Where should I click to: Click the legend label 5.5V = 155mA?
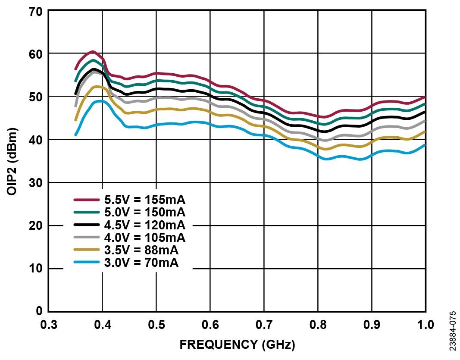pyautogui.click(x=144, y=200)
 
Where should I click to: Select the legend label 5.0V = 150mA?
pyautogui.click(x=144, y=213)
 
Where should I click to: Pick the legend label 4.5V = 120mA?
pyautogui.click(x=144, y=225)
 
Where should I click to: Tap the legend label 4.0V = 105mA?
pyautogui.click(x=144, y=238)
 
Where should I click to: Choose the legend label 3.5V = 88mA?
pyautogui.click(x=141, y=250)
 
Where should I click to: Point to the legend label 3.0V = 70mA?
pyautogui.click(x=141, y=263)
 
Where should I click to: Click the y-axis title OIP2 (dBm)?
pyautogui.click(x=13, y=161)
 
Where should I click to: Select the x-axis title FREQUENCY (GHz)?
pyautogui.click(x=237, y=345)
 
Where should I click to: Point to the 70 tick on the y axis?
pyautogui.click(x=36, y=11)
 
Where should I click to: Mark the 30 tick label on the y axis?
pyautogui.click(x=36, y=183)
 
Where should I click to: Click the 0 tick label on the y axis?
pyautogui.click(x=39, y=311)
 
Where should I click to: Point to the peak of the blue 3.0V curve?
pyautogui.click(x=100, y=101)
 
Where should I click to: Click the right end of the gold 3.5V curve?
pyautogui.click(x=425, y=131)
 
